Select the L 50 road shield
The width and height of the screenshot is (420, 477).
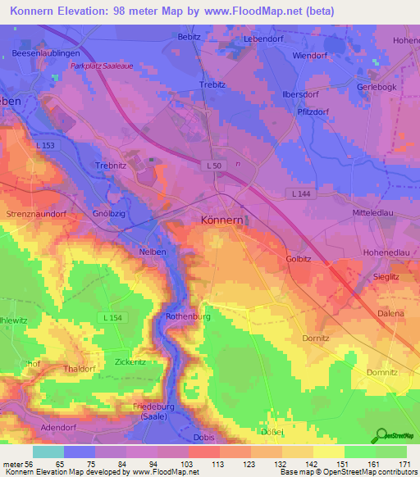click(213, 166)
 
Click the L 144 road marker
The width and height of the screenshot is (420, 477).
click(301, 193)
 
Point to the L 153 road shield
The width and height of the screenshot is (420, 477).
click(46, 146)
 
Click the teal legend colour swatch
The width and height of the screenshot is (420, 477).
click(48, 452)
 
